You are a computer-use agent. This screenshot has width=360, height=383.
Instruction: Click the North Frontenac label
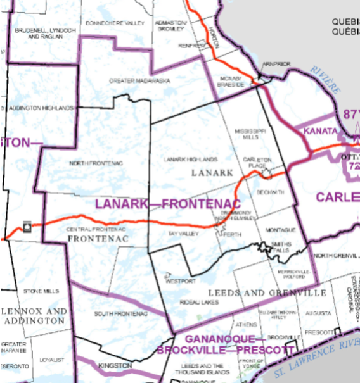[95, 163]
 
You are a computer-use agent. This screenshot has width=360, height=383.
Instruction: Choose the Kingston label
[115, 366]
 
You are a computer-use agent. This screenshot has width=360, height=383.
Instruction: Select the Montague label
[281, 229]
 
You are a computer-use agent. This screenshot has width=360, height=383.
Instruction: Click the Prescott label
[323, 332]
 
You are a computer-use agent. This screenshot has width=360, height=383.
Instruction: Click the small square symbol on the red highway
[27, 225]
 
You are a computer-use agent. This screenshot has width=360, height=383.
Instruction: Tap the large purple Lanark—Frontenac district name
[167, 204]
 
